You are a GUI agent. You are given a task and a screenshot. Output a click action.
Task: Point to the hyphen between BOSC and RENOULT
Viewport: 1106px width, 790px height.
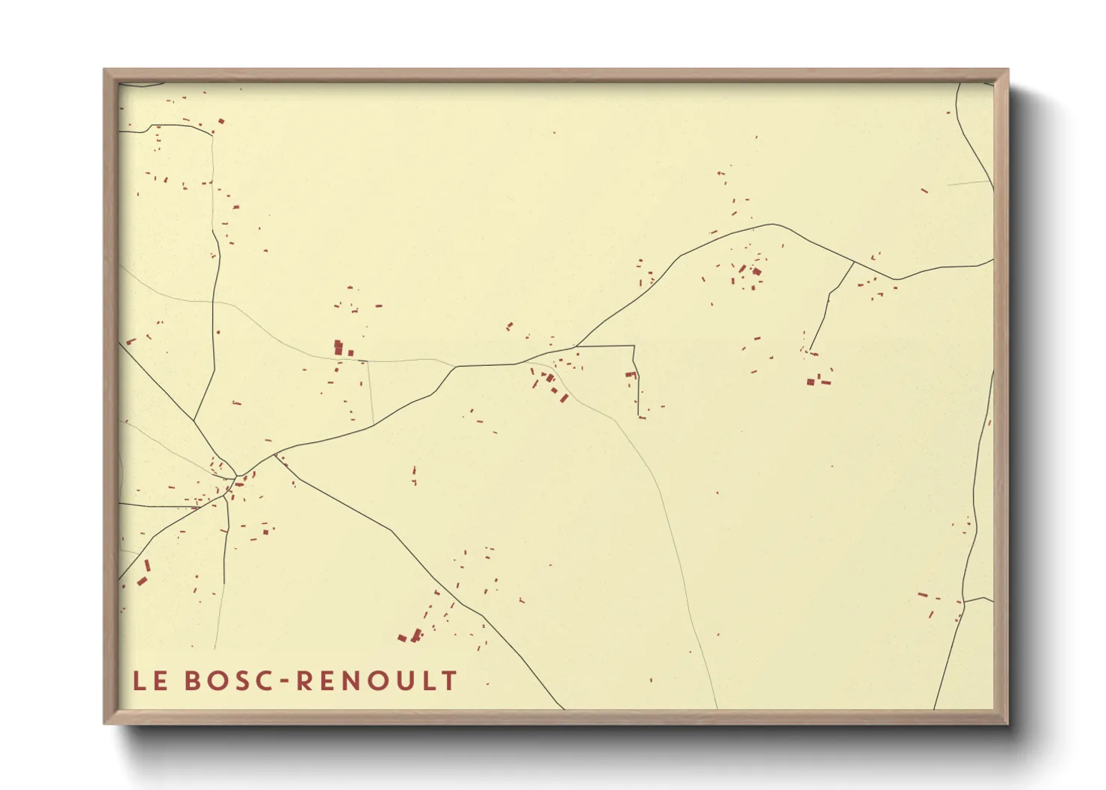point(287,682)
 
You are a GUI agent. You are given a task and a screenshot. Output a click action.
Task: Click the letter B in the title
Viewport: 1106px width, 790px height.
point(193,681)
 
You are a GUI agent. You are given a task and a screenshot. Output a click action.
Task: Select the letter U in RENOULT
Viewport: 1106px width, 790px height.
point(405,681)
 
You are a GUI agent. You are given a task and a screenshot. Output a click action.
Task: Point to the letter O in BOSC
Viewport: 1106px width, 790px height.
point(217,681)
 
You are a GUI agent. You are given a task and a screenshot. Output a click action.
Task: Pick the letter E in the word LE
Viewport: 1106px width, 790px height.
point(161,681)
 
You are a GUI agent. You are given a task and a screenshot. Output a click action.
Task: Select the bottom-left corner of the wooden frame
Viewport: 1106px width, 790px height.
point(105,723)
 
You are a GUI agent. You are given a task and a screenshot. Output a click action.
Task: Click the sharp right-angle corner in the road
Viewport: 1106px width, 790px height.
point(634,346)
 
